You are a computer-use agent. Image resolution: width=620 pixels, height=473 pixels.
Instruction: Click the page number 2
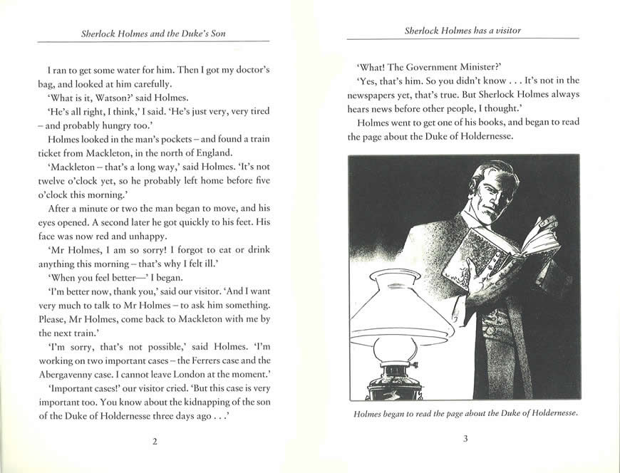point(155,441)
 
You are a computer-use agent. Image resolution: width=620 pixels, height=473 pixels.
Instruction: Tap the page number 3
point(465,439)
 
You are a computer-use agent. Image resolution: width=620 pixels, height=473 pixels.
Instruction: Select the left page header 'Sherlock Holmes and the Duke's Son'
point(155,33)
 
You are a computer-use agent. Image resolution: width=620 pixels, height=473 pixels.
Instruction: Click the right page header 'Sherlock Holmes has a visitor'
point(463,31)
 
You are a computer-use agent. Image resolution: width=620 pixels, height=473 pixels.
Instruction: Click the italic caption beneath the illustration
point(463,413)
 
